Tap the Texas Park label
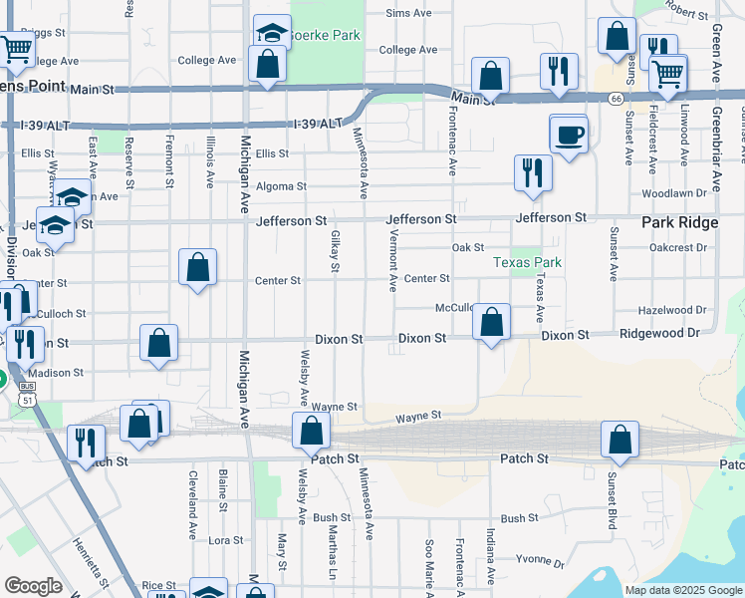pos(528,263)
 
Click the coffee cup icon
pos(570,135)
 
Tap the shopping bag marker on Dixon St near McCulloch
pos(491,322)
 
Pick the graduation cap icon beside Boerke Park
pos(272,33)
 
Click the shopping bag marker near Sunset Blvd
pos(620,440)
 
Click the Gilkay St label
pos(335,250)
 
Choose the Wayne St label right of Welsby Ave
pos(335,407)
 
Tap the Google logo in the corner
pos(33,586)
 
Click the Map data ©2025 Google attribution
pos(683,590)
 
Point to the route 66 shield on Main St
pos(618,99)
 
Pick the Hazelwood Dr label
pos(672,310)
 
